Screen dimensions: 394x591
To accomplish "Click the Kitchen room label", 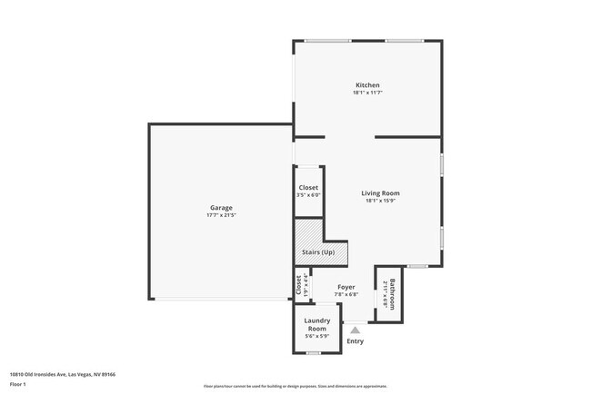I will coord(367,85).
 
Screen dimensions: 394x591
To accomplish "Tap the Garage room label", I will coord(221,208).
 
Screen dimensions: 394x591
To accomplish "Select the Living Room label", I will coord(380,193).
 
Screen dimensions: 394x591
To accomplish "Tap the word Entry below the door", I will coord(355,341).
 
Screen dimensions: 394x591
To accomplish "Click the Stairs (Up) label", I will coord(317,252).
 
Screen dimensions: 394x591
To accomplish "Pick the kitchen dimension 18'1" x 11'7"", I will coord(367,93).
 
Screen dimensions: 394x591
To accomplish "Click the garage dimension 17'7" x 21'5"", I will coord(221,215).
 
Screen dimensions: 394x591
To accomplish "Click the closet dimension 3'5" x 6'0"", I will coord(308,195).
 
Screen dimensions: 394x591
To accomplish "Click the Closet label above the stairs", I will coord(308,188).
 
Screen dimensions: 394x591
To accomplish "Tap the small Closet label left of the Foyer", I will coord(298,285).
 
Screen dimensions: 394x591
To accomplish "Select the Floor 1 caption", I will coord(19,384).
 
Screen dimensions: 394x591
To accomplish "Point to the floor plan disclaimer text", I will coord(295,387).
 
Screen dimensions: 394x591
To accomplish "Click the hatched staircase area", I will coord(309,231).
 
